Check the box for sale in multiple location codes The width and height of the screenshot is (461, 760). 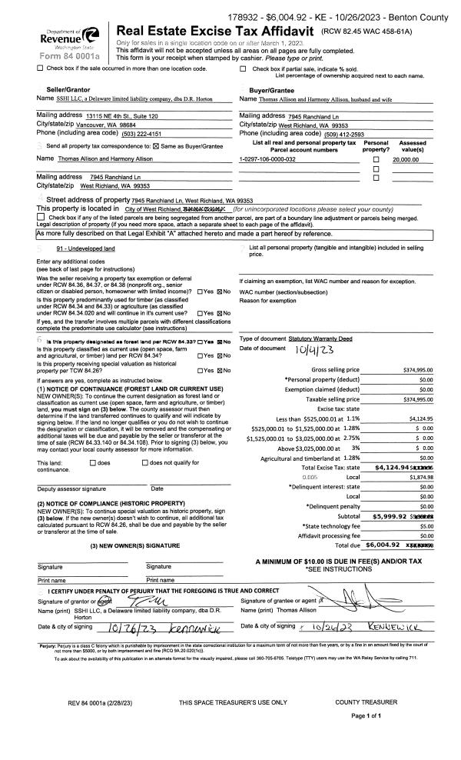click(40, 68)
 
